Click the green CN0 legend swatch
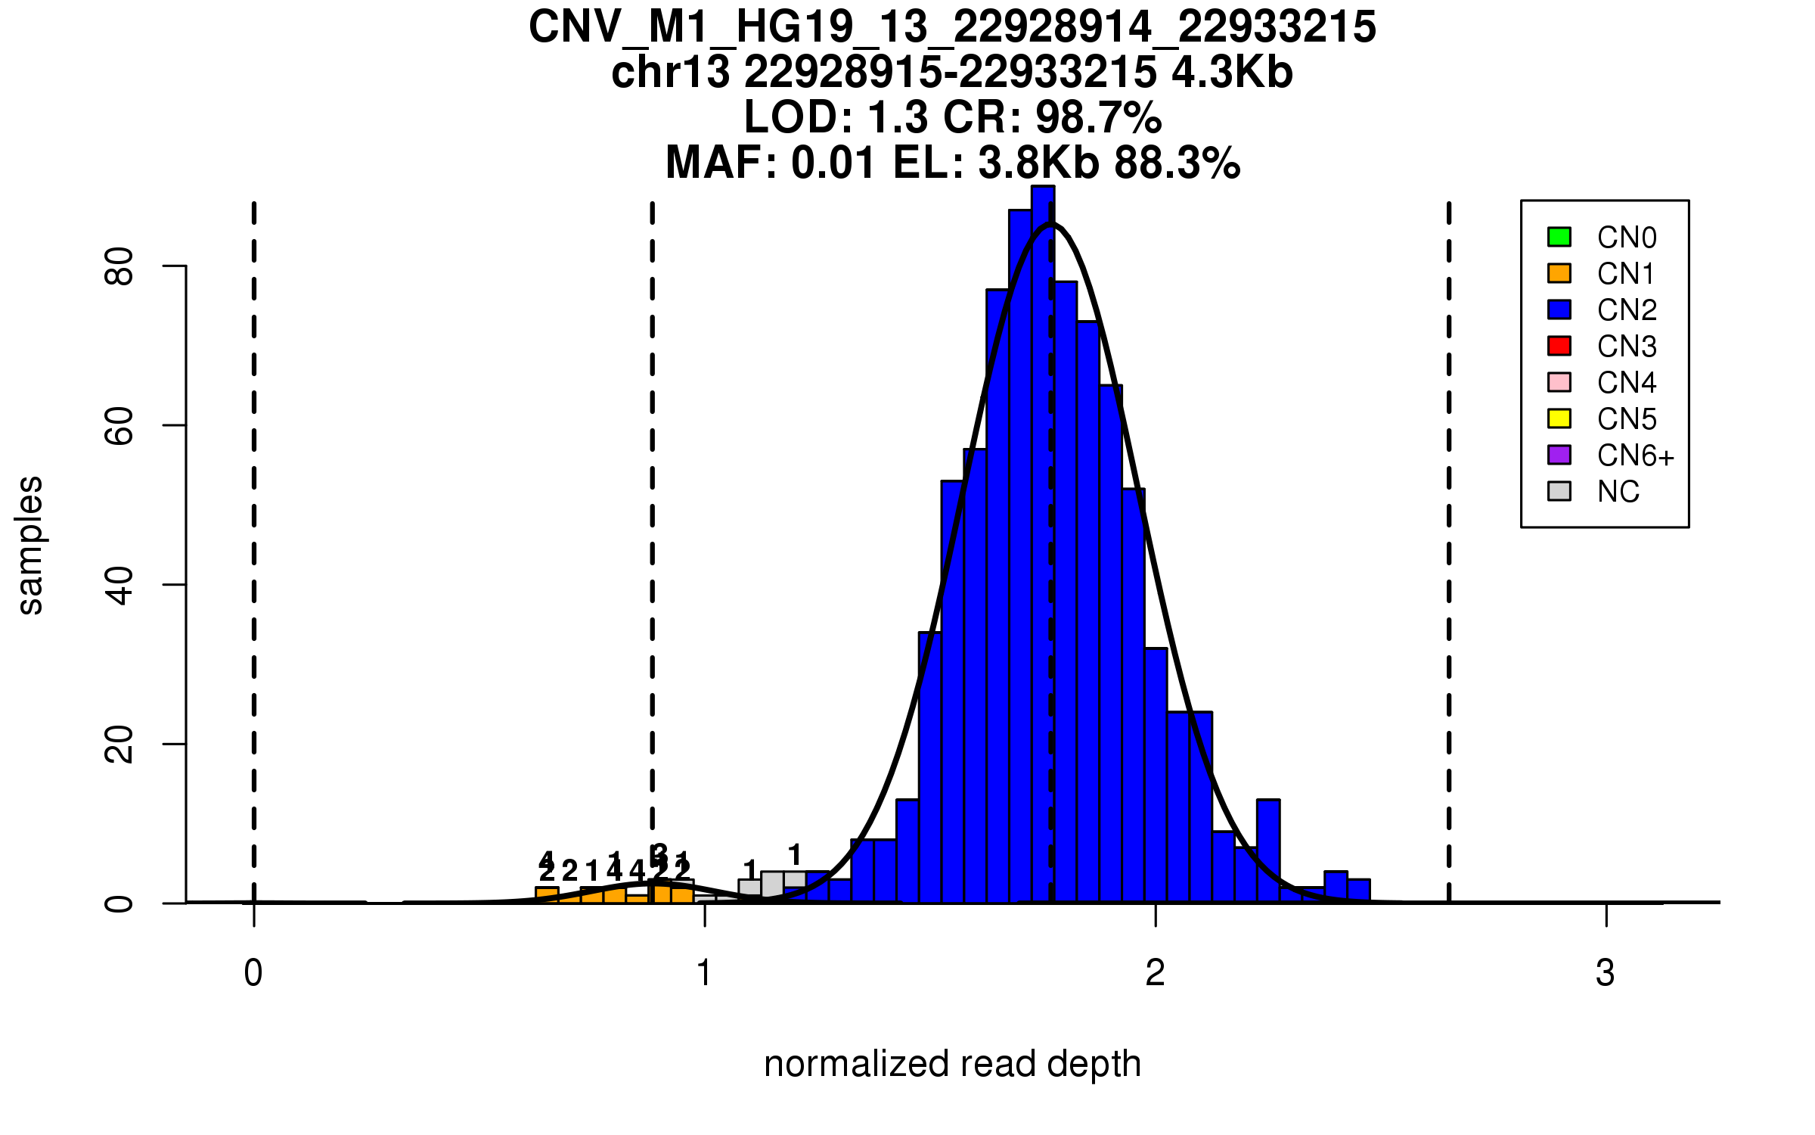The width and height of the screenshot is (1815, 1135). coord(1559,237)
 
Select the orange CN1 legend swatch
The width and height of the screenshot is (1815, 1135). coord(1559,273)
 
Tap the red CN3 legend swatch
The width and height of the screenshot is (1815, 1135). coord(1559,346)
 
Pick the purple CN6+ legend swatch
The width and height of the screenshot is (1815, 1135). coord(1559,455)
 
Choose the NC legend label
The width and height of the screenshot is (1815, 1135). coord(1618,492)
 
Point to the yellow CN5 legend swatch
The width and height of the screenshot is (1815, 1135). coord(1559,418)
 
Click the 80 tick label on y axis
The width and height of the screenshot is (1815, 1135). coord(119,266)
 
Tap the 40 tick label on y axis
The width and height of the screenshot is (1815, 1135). coord(119,585)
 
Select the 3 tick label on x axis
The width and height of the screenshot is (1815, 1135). coord(1606,973)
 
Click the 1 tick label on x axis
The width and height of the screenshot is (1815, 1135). coord(704,973)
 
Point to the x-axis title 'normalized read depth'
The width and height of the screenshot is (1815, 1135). coord(952,1064)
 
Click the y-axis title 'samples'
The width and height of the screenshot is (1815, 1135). coord(30,545)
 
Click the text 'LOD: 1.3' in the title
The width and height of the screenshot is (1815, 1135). coord(836,117)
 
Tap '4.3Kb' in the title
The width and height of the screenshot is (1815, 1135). coord(1232,73)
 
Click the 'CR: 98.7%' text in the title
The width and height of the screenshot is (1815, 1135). coord(1053,117)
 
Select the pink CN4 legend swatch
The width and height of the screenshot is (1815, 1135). coord(1559,382)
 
